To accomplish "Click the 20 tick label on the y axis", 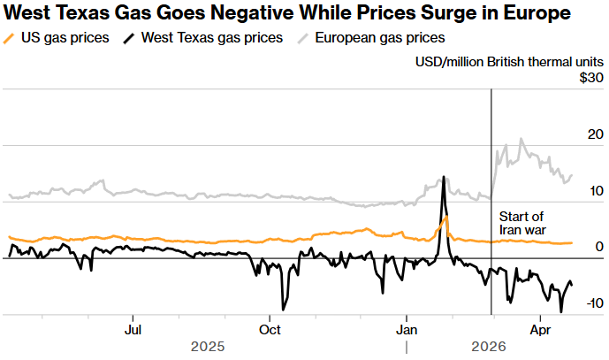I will (x=594, y=134).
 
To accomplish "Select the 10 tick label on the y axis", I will (x=594, y=191).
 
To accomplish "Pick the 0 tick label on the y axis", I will (x=599, y=247).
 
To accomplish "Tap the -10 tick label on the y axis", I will (x=592, y=303).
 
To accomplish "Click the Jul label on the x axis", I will (x=133, y=329).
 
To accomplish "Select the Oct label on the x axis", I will (x=270, y=329).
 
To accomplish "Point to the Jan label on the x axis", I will (x=407, y=329).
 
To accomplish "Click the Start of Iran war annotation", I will (x=521, y=223).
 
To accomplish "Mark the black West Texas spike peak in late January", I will (x=443, y=177).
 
